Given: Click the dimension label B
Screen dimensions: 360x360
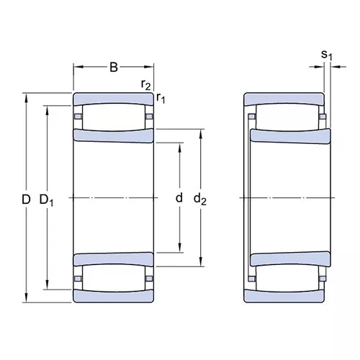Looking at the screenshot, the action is click(114, 68).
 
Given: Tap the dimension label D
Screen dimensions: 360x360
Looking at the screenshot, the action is click(26, 199).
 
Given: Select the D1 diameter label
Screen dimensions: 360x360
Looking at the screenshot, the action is click(47, 200).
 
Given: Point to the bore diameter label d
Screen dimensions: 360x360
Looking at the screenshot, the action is click(179, 198).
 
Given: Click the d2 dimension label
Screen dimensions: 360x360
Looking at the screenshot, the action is click(200, 199).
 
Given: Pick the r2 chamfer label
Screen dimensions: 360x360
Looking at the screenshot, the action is click(146, 84).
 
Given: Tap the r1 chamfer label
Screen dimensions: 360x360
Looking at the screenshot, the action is click(161, 98).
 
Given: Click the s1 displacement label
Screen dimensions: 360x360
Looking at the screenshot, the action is click(327, 55).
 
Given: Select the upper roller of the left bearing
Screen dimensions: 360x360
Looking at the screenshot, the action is click(114, 117).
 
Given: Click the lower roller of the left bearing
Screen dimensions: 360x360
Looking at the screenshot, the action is click(114, 278).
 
